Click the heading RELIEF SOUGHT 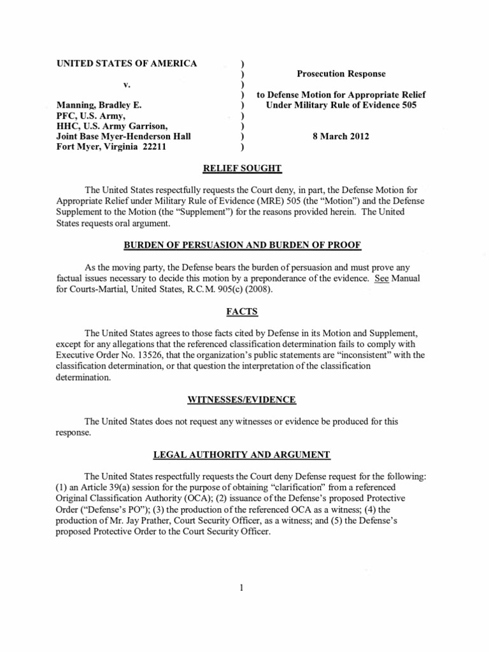coord(244,169)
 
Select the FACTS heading coord(244,311)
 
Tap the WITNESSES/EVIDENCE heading coord(244,399)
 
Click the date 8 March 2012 coord(341,136)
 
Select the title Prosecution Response coord(341,74)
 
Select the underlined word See coord(381,279)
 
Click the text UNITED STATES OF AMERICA coord(127,63)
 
